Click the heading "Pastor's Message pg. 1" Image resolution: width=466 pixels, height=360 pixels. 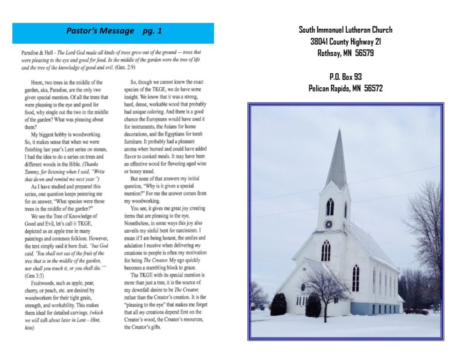[x=113, y=31]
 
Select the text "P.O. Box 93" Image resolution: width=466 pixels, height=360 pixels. [x=345, y=77]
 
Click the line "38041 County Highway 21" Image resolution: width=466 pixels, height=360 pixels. [x=345, y=41]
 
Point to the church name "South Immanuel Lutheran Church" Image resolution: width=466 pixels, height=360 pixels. [x=345, y=30]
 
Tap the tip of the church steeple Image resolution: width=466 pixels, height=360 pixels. [x=339, y=131]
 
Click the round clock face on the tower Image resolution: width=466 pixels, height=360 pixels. [x=329, y=224]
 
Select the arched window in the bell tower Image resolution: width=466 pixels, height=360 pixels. [x=329, y=207]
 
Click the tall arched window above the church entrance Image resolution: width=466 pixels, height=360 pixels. [x=326, y=251]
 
